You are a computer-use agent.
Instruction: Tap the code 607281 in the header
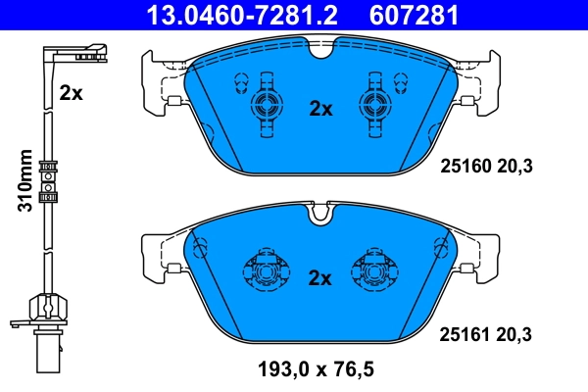(412, 16)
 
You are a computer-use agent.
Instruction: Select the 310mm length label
(26, 180)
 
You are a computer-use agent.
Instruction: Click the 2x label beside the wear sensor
(70, 93)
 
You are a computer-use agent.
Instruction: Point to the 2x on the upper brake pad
(320, 110)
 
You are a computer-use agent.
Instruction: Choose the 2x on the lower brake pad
(320, 277)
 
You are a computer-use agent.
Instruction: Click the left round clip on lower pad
(262, 270)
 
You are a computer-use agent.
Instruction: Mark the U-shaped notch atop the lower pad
(319, 211)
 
